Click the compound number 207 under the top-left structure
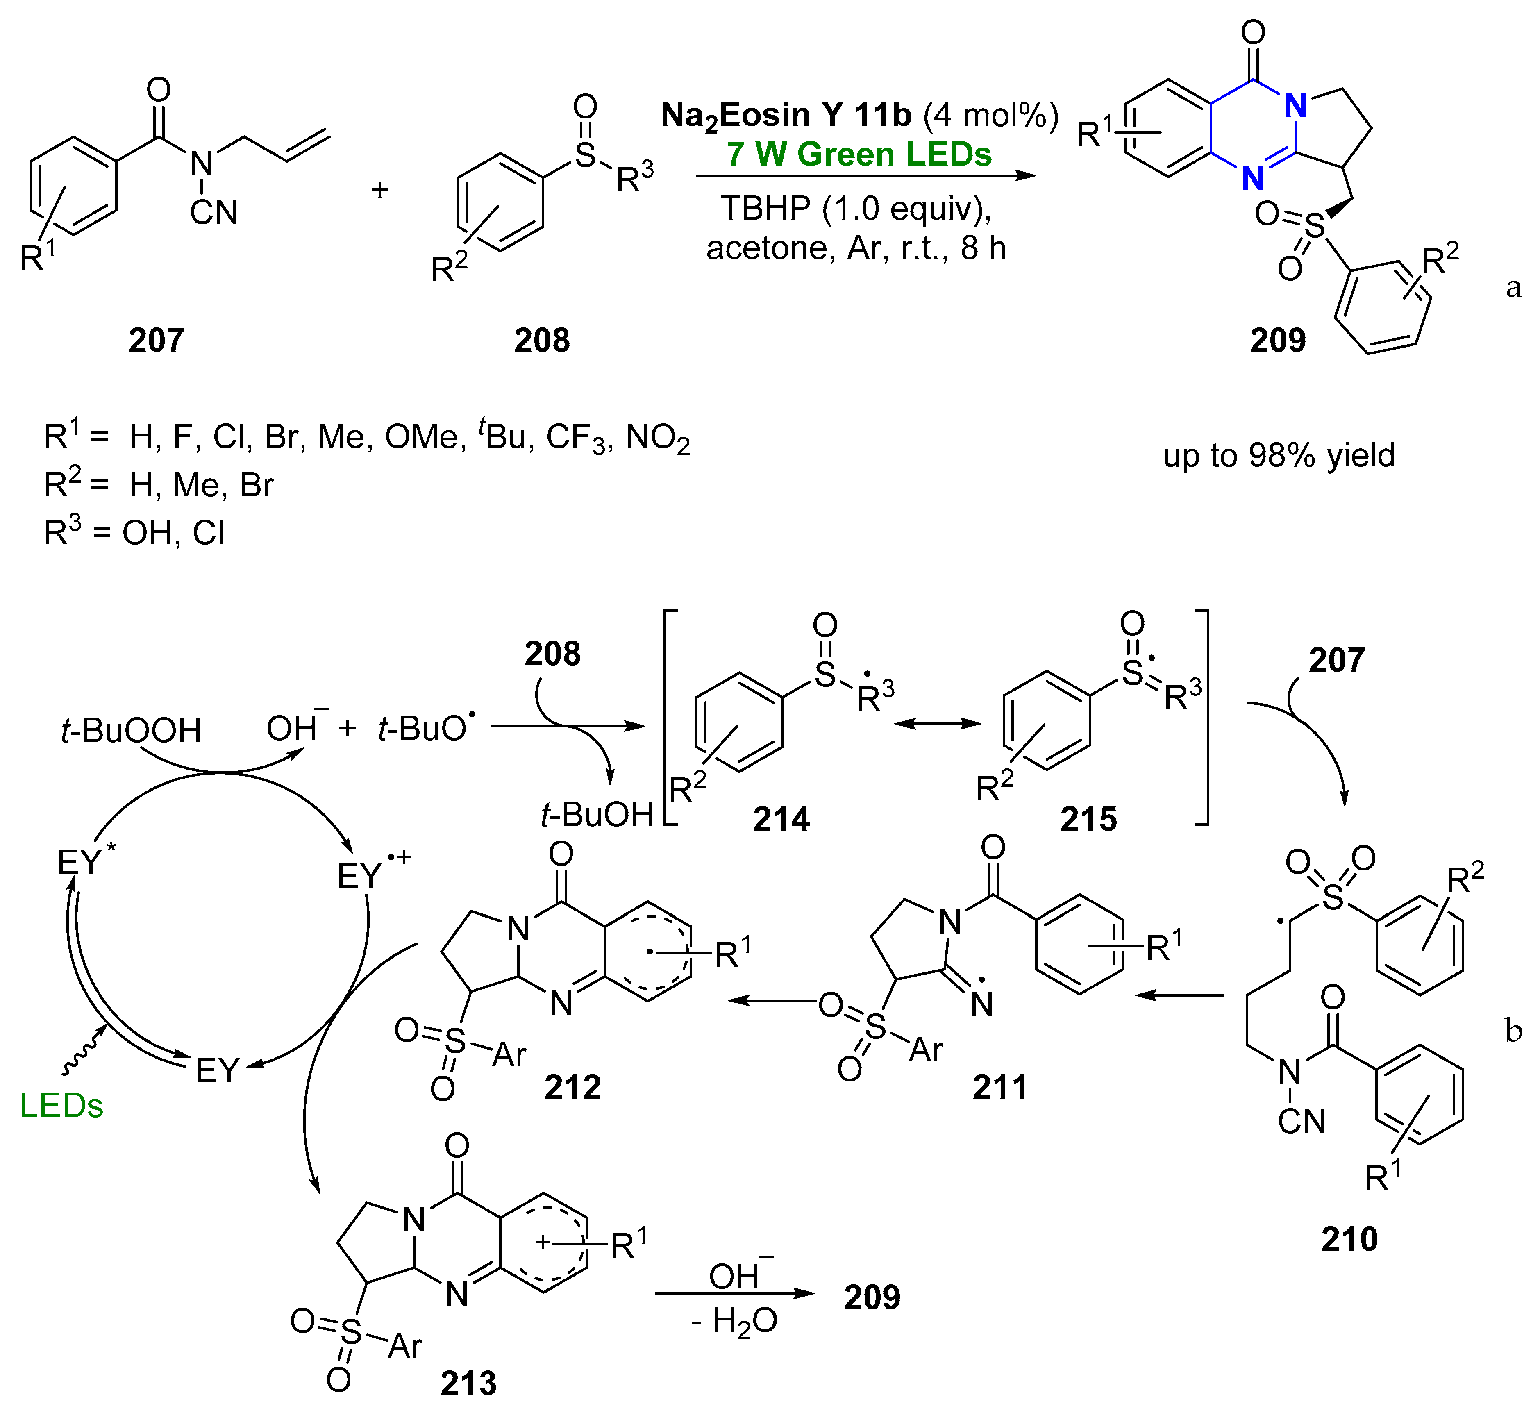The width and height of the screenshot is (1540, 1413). point(156,339)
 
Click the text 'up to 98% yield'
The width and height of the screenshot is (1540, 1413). point(1279,456)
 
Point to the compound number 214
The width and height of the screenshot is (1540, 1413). point(781,819)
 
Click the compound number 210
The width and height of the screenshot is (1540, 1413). point(1349,1239)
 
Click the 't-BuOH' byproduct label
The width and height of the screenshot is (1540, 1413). point(596,815)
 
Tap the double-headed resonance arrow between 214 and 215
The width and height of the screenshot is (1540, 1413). point(938,723)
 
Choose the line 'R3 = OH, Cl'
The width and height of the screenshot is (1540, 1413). point(134,532)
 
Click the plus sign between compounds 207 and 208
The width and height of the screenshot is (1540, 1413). point(379,189)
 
